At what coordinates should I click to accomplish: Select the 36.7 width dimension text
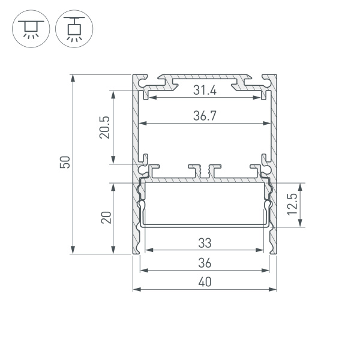pos(205,118)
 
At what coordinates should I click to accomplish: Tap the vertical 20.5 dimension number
pos(104,127)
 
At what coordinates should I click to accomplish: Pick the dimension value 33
pos(205,243)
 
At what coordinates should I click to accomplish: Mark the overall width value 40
pos(205,283)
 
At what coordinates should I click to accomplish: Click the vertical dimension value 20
pos(106,217)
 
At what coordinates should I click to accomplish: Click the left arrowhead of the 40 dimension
pos(135,289)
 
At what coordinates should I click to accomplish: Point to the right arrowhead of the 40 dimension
pos(274,289)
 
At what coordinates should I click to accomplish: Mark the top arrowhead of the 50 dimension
pos(73,77)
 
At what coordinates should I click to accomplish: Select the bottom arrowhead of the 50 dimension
pos(73,251)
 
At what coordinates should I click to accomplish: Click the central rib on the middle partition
pos(205,171)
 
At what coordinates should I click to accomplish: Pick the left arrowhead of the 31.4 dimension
pos(150,97)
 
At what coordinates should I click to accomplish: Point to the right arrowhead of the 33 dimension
pos(262,249)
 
